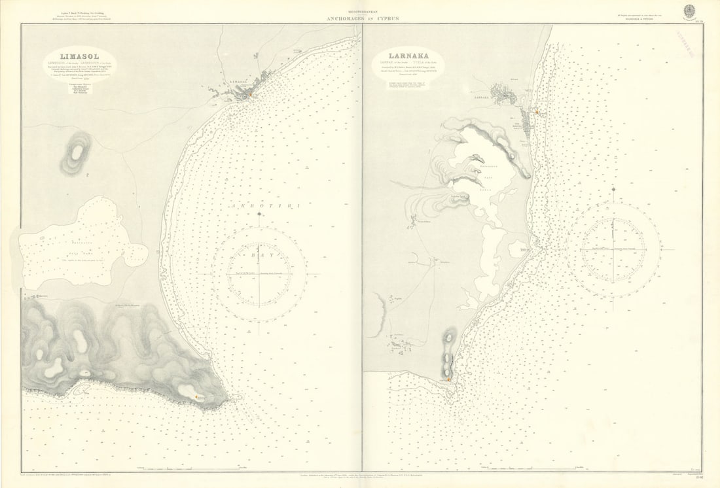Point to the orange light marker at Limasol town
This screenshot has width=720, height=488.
(248, 97)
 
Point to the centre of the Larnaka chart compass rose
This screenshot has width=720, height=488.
(613, 251)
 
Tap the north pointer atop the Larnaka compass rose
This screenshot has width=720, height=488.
(613, 190)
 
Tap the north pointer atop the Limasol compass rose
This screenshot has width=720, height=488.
(259, 216)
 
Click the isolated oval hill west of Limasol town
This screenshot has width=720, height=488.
(78, 151)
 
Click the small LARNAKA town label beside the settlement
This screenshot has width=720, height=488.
(480, 96)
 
